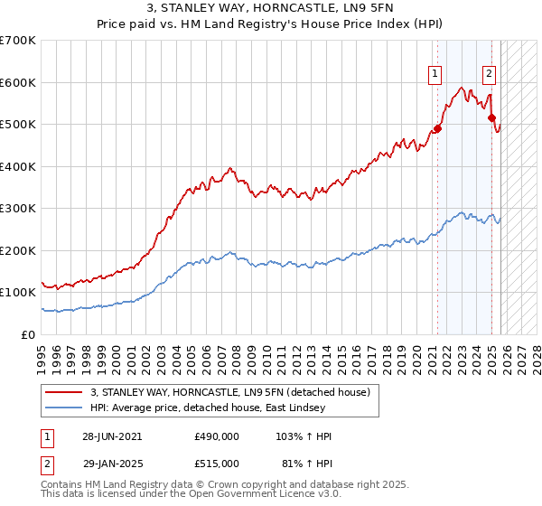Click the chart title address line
[x=270, y=8]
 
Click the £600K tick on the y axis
[x=18, y=82]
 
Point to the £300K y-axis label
[x=18, y=209]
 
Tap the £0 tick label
[x=28, y=334]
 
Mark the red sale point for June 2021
[x=438, y=128]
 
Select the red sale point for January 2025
[x=491, y=117]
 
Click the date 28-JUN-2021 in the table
[x=112, y=436]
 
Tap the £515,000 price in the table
[x=217, y=463]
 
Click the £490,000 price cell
[x=217, y=436]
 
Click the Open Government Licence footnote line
[x=181, y=497]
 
